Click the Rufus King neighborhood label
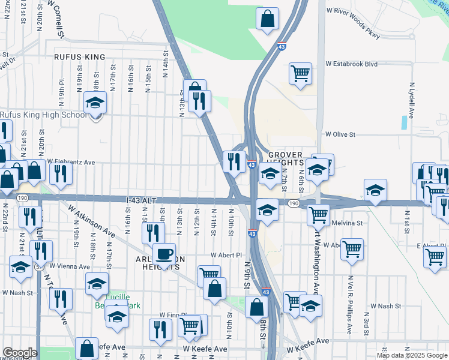(x=79, y=57)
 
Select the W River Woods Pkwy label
(x=353, y=23)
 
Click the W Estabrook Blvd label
(x=351, y=63)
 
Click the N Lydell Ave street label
(x=412, y=100)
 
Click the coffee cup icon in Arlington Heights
(x=164, y=254)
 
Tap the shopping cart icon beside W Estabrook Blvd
(x=300, y=74)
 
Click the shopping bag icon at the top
(x=268, y=19)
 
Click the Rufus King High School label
(x=43, y=115)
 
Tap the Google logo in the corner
(x=20, y=353)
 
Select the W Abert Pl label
(x=225, y=254)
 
